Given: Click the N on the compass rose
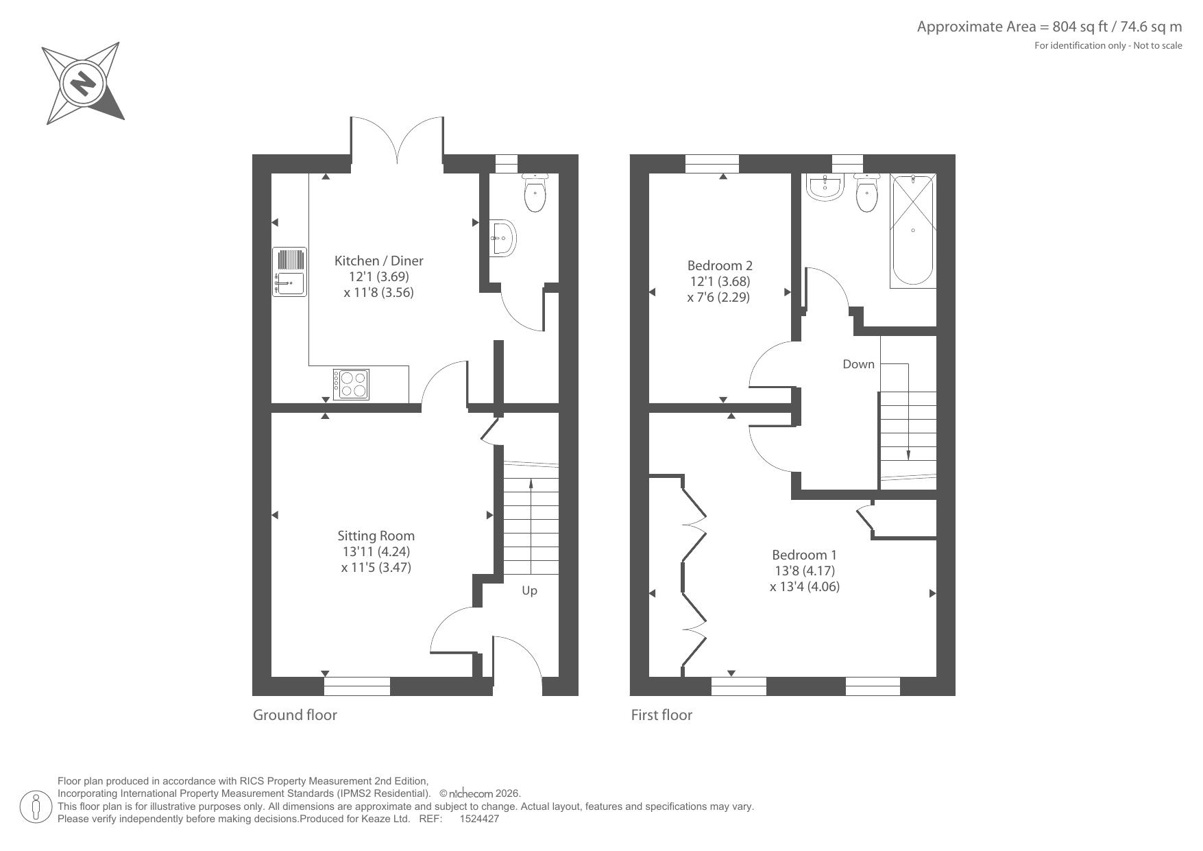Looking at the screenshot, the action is pos(83,84).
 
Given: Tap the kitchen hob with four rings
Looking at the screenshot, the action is pos(351,384).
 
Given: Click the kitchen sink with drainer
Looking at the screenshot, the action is pos(289,272).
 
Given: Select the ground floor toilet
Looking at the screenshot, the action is pos(535,192).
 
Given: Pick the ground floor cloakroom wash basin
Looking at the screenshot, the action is pos(502,238).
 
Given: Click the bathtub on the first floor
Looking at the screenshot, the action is pos(913,230).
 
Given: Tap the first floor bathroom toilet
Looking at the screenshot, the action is pos(866,192).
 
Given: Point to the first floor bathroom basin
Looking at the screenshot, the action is pos(825,187).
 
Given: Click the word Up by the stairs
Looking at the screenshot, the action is pos(529,591).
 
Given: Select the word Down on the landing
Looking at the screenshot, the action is pos(858,364).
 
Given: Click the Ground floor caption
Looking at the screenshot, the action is pos(295,715).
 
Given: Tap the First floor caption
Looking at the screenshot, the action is pos(661,715).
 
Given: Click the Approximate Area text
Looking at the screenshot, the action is pos(1049,27).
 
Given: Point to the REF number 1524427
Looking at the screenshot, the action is pos(479,819).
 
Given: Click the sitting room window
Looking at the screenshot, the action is pos(357,686).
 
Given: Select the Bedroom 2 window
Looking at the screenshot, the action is pos(712,164).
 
